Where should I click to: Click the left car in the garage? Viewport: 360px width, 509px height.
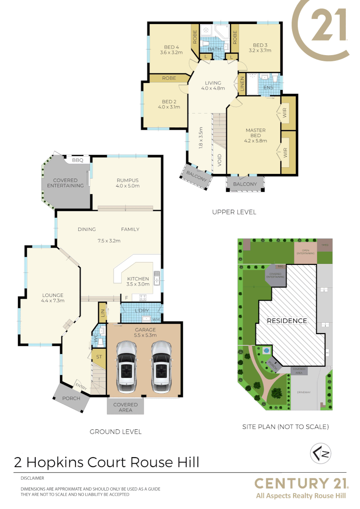pyautogui.click(x=126, y=367)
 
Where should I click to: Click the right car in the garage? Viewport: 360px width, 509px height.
pyautogui.click(x=161, y=367)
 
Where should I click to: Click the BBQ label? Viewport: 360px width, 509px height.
pyautogui.click(x=77, y=160)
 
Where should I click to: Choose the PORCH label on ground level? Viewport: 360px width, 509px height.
pyautogui.click(x=71, y=398)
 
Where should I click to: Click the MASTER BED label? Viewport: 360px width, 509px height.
pyautogui.click(x=256, y=133)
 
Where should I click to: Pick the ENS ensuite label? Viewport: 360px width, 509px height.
pyautogui.click(x=268, y=87)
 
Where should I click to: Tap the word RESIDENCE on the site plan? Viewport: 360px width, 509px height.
pyautogui.click(x=287, y=321)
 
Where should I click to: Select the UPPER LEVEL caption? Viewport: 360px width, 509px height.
pyautogui.click(x=234, y=212)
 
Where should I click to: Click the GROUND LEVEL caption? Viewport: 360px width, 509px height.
pyautogui.click(x=115, y=431)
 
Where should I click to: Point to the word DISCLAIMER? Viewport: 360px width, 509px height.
pyautogui.click(x=32, y=478)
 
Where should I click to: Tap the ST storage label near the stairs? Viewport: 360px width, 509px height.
pyautogui.click(x=99, y=357)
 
